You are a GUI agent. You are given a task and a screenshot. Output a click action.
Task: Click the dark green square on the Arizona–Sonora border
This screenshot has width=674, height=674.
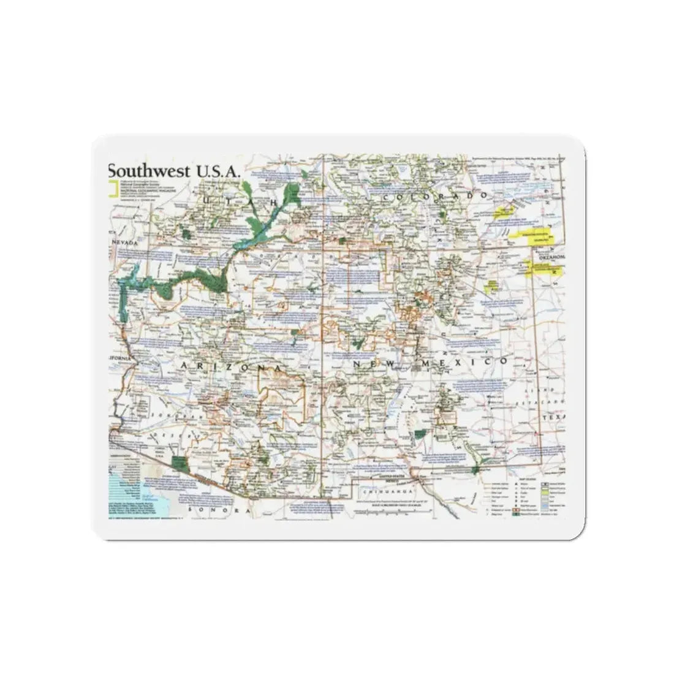pyautogui.click(x=178, y=463)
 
